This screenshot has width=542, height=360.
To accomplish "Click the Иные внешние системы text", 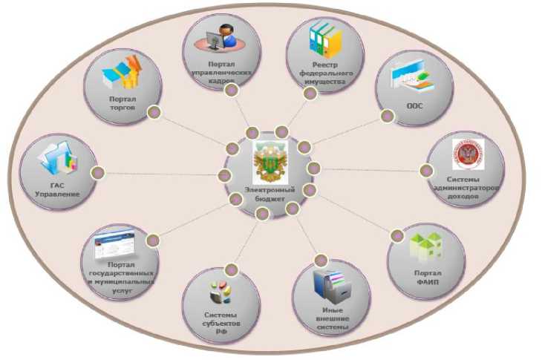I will click(x=331, y=319).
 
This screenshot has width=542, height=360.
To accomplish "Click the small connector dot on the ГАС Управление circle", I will click(x=97, y=172).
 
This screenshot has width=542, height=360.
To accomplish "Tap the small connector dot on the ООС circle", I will click(x=387, y=117).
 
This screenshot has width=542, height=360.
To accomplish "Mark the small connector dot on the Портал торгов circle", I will click(x=154, y=113).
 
